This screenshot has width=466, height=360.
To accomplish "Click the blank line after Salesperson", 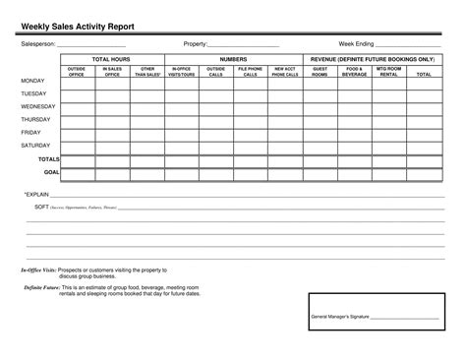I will (x=91, y=46).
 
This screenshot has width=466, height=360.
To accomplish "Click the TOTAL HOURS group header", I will (x=112, y=60).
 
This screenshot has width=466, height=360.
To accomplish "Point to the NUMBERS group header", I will (x=233, y=60).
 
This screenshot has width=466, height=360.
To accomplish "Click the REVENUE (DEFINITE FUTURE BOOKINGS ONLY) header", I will (x=373, y=60).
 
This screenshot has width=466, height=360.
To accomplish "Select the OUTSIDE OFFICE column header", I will (x=77, y=72).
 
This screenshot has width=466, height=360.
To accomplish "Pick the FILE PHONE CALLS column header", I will (x=251, y=72).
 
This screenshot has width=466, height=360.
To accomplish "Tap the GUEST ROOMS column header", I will (x=320, y=72).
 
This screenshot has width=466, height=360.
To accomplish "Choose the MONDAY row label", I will (x=32, y=82).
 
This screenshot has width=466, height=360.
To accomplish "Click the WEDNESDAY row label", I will (x=38, y=106).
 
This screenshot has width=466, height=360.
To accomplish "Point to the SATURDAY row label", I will (x=35, y=145).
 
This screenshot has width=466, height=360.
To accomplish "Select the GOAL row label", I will (x=52, y=171).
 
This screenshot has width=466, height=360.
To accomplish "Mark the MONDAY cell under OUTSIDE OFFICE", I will (x=77, y=83).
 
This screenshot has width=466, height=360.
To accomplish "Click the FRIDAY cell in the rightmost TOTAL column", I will (x=423, y=133).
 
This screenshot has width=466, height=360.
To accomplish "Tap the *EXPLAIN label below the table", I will (x=36, y=195).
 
